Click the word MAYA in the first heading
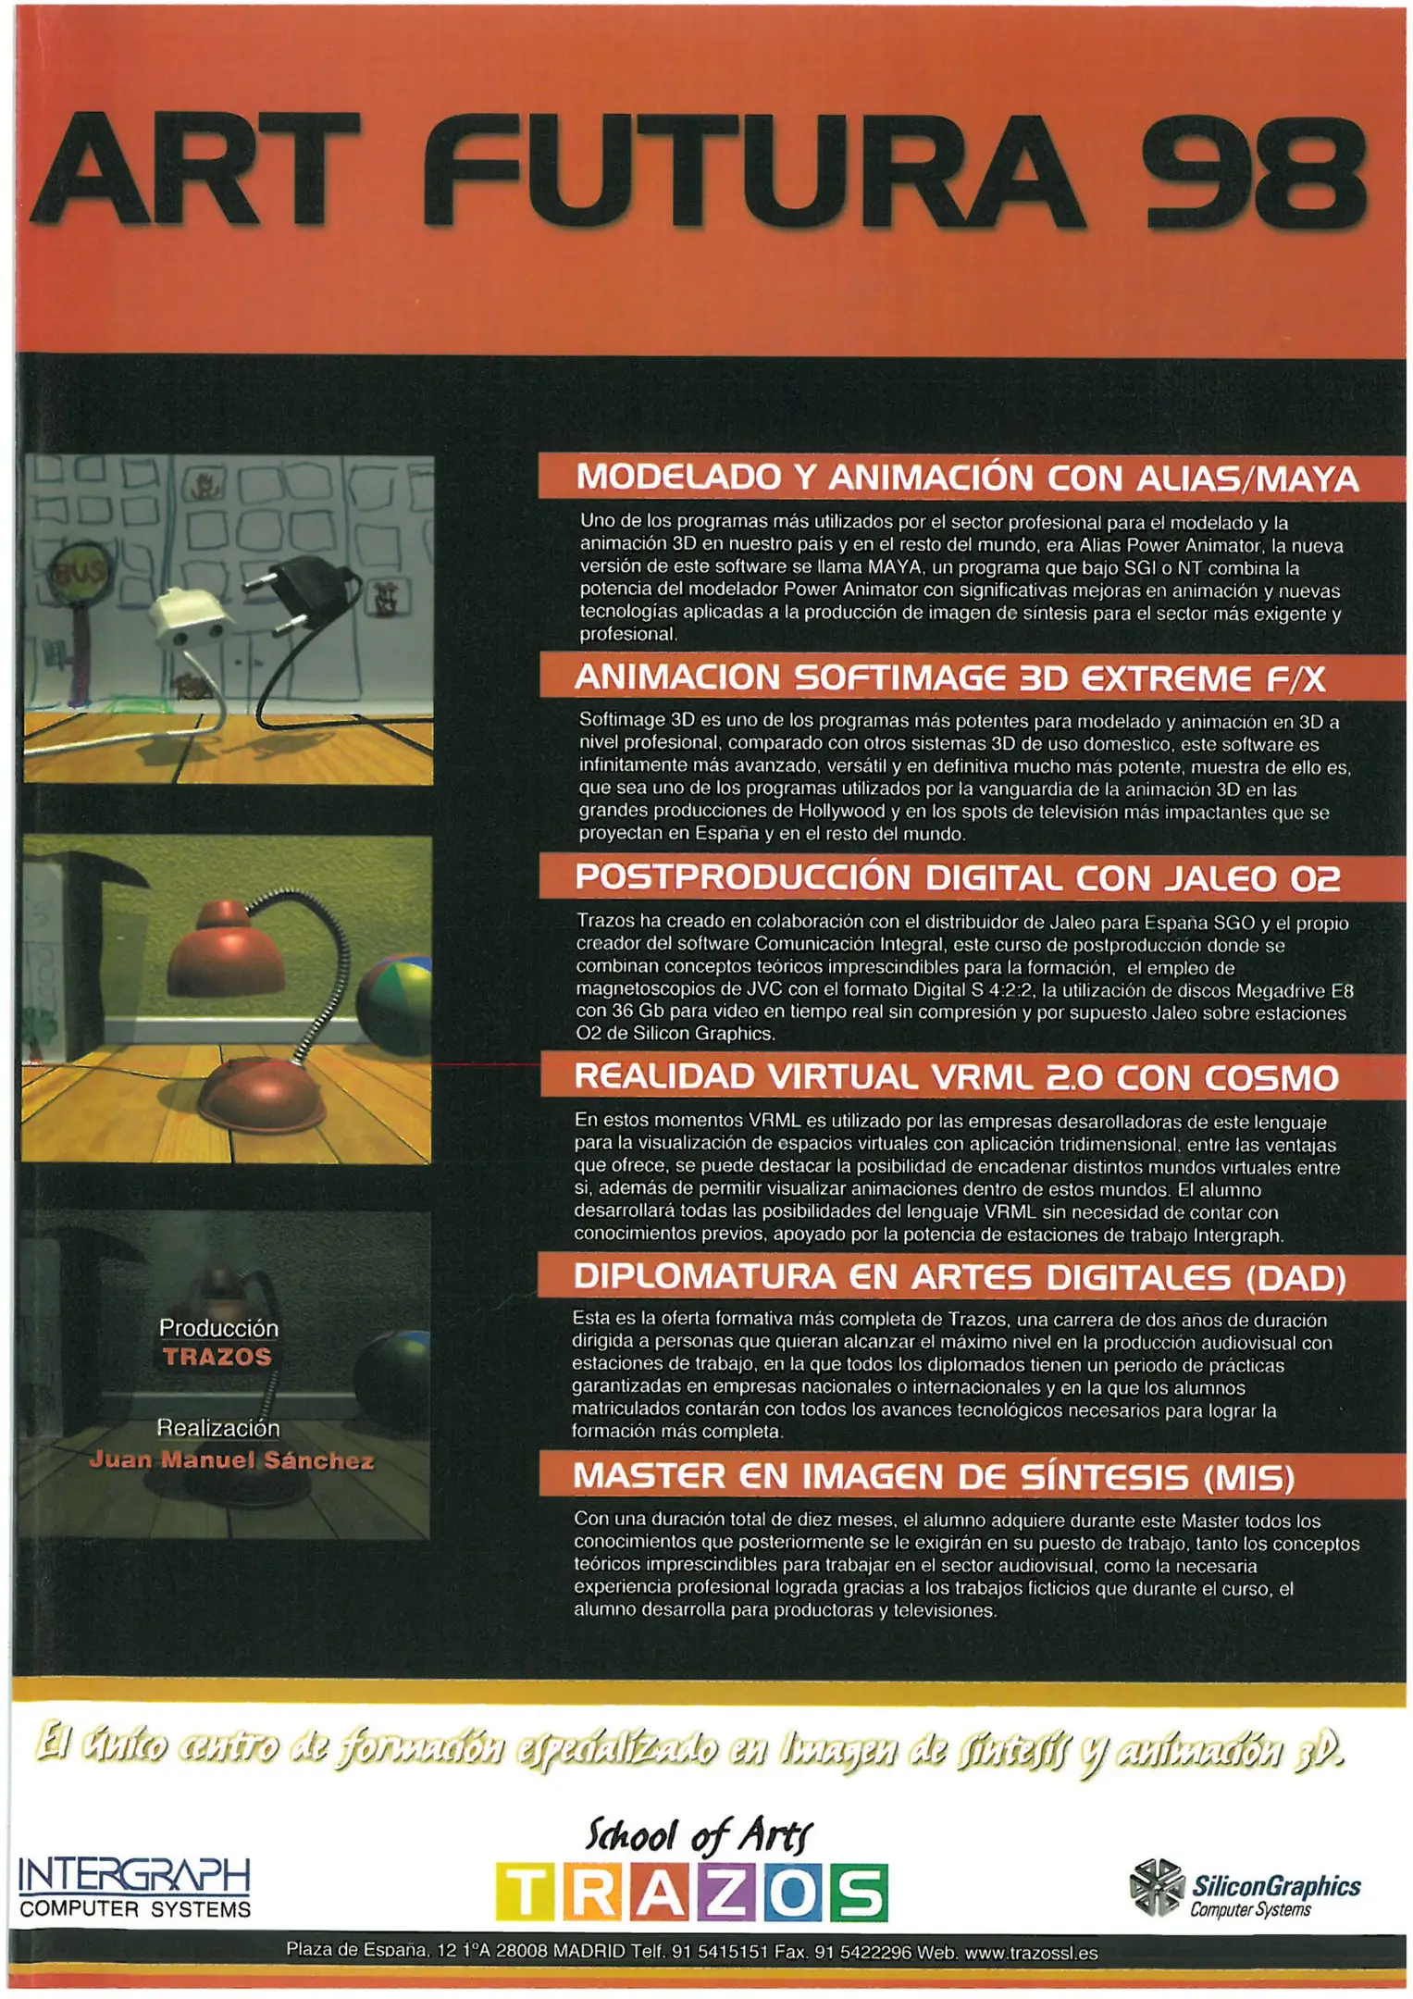tap(1306, 478)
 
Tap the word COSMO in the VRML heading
tap(1271, 1077)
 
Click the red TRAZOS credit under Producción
tap(217, 1357)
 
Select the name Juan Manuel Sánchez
tap(231, 1460)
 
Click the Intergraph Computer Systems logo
tap(135, 1888)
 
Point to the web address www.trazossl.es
tap(1031, 1953)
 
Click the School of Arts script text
tap(699, 1835)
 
